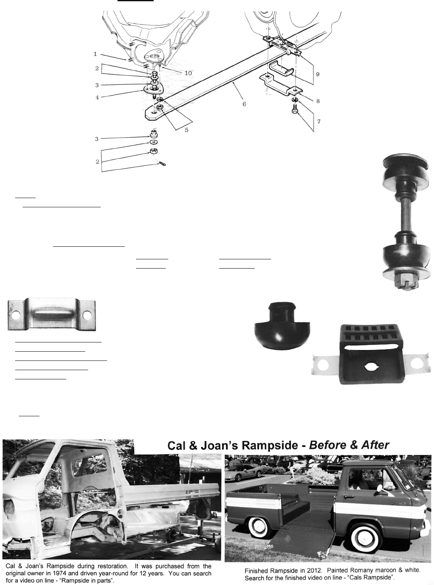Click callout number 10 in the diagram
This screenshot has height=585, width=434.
click(188, 73)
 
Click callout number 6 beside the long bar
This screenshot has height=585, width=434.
click(244, 104)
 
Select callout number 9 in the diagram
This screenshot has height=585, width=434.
click(318, 74)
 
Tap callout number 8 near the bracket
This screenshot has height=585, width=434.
click(318, 101)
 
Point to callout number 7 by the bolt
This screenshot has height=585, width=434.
click(319, 121)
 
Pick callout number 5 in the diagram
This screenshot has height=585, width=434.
click(186, 130)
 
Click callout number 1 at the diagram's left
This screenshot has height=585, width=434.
click(95, 54)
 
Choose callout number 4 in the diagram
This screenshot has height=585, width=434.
click(97, 98)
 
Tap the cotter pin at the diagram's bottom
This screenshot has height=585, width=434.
click(162, 164)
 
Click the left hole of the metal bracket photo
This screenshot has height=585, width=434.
click(16, 315)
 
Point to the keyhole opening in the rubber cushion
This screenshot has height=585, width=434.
click(371, 367)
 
